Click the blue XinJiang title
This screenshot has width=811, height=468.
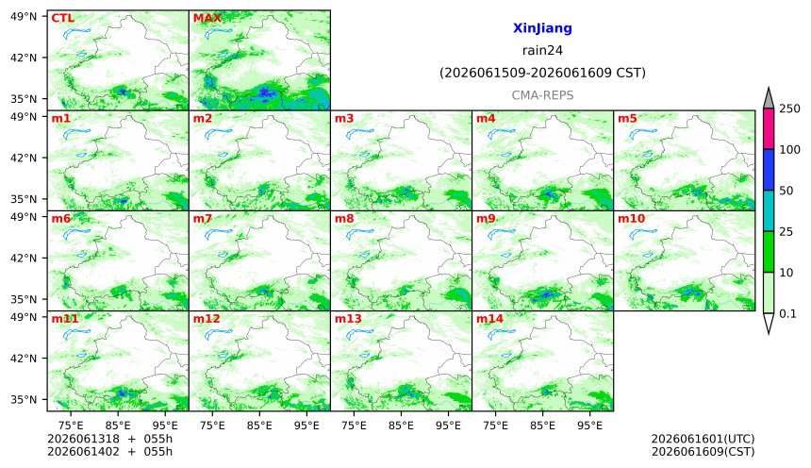[542, 28]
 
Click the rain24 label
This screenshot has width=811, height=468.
[542, 50]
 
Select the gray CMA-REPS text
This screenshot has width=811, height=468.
[542, 95]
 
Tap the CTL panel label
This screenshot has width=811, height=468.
[62, 18]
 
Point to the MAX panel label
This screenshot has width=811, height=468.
[207, 18]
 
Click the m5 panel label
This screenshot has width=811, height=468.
[627, 119]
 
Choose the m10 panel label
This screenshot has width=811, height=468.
[631, 219]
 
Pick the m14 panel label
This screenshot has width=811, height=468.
[489, 318]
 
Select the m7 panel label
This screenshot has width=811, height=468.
[203, 219]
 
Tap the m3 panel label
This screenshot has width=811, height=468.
[344, 119]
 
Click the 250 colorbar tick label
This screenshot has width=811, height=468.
[790, 109]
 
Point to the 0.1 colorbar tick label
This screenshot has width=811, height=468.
[787, 313]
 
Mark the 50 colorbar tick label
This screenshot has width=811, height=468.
[786, 191]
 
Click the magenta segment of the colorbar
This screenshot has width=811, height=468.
[769, 129]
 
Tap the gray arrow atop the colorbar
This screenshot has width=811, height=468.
[769, 98]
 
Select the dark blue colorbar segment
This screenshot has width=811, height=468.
[769, 170]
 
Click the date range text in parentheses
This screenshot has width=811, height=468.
[542, 73]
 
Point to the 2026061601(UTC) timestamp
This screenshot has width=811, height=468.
[703, 439]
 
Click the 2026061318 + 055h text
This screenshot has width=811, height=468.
[109, 439]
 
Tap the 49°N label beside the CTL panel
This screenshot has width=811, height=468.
[24, 17]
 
